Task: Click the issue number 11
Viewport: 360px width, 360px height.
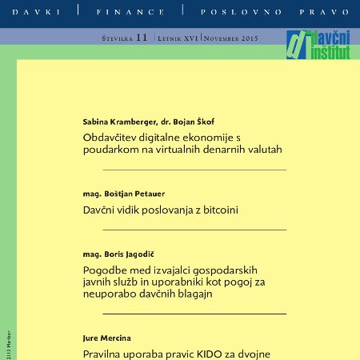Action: pyautogui.click(x=142, y=38)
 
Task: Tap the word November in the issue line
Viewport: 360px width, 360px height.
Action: pyautogui.click(x=224, y=38)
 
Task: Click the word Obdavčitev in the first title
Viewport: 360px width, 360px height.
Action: pyautogui.click(x=111, y=137)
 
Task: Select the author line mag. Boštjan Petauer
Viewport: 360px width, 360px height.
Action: pyautogui.click(x=124, y=194)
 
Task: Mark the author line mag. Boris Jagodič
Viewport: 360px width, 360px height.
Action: pyautogui.click(x=119, y=254)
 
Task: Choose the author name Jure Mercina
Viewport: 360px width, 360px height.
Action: pyautogui.click(x=107, y=338)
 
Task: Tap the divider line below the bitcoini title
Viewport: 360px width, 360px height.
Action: pyautogui.click(x=194, y=230)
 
